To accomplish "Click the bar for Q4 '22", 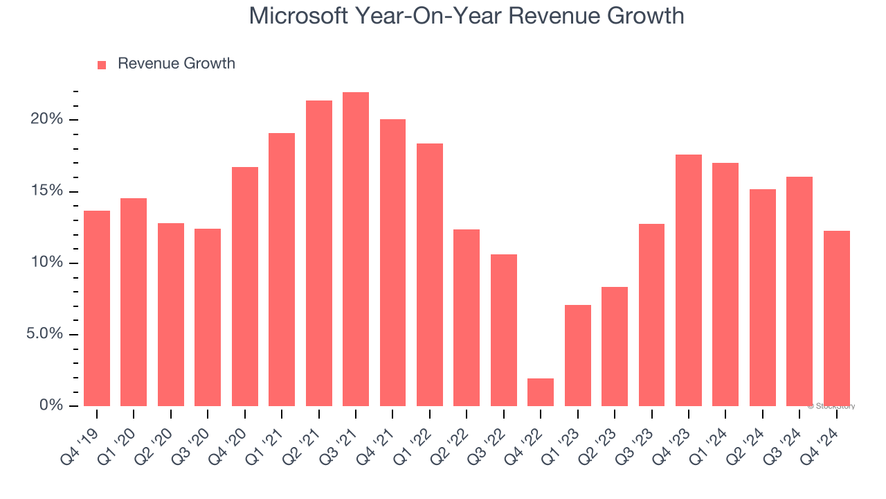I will click(541, 392).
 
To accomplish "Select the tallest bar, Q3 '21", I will click(356, 249).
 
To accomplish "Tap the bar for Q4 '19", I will click(97, 308).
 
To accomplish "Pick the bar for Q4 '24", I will click(837, 319).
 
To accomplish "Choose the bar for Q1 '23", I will click(578, 356).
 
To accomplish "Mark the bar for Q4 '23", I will click(689, 281).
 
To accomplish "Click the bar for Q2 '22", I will click(467, 317).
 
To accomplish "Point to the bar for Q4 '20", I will click(245, 286).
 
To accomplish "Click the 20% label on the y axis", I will click(46, 120).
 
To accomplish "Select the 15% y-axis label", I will click(46, 191).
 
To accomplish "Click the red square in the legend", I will click(102, 65).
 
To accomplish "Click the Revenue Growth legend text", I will click(177, 64).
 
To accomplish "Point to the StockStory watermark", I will click(833, 406).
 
